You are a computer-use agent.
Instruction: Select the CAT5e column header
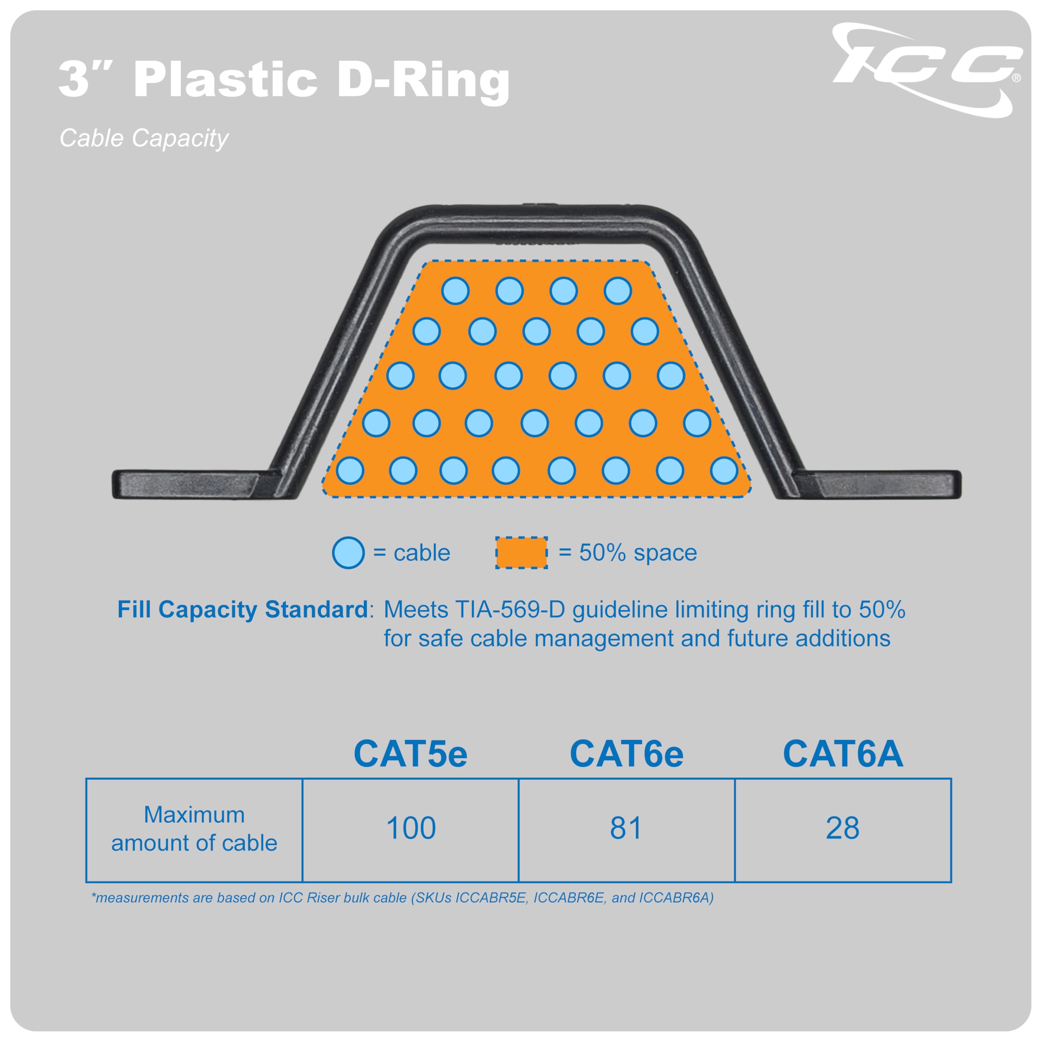[x=410, y=753]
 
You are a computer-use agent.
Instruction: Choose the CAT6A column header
[x=843, y=753]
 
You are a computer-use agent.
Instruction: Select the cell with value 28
[x=843, y=828]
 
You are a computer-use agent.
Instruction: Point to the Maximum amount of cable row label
[x=194, y=829]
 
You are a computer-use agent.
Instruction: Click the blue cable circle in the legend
[x=348, y=553]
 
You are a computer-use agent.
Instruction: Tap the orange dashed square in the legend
[x=521, y=553]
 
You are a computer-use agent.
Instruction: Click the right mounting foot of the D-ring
[x=876, y=484]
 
